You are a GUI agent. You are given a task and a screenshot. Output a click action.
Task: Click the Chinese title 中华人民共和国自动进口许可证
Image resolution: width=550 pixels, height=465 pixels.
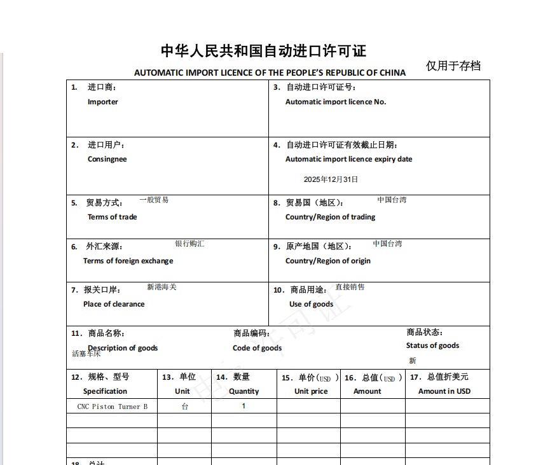(263, 51)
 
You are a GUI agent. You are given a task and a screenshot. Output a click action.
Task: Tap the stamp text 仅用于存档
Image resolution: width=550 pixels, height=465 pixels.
(453, 66)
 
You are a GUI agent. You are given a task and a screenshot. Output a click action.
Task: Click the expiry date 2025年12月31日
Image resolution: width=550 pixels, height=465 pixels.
(331, 179)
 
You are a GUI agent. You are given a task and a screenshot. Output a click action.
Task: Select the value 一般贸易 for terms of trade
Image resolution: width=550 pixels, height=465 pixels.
(154, 200)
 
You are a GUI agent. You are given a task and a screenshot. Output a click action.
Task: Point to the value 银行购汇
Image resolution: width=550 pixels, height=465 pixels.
(190, 244)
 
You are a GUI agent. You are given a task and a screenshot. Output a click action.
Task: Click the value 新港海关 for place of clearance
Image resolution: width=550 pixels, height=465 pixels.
(162, 287)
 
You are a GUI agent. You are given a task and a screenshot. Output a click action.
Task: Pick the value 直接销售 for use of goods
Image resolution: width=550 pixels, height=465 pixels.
(350, 287)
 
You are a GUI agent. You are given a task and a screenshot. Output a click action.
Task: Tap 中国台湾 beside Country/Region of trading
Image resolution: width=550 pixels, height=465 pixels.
(392, 200)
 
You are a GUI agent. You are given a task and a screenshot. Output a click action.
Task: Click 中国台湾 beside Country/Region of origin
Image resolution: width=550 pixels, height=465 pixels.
(387, 244)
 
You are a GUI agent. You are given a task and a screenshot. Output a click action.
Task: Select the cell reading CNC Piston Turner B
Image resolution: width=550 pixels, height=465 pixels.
(113, 406)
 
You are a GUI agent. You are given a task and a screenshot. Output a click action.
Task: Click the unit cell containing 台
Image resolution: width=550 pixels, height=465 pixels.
(184, 406)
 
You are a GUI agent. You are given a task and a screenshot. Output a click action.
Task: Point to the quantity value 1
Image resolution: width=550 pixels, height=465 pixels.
(244, 406)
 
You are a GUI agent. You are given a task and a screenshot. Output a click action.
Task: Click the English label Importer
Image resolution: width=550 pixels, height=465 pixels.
(103, 102)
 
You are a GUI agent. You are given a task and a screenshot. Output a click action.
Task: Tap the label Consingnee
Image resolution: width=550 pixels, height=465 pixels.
(107, 159)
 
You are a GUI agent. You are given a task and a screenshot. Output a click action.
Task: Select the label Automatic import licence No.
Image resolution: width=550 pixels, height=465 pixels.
(336, 102)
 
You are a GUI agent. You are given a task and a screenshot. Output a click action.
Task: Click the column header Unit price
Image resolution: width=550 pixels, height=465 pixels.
(311, 391)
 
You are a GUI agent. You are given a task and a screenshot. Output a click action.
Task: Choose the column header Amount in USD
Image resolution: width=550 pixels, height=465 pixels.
(444, 391)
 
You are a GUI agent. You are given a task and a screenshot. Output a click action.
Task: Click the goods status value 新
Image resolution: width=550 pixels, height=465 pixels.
(413, 361)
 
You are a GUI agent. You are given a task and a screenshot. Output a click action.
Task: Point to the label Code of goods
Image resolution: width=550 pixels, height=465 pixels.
(257, 348)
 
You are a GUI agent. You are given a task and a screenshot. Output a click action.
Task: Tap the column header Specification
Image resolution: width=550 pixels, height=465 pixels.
(105, 391)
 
